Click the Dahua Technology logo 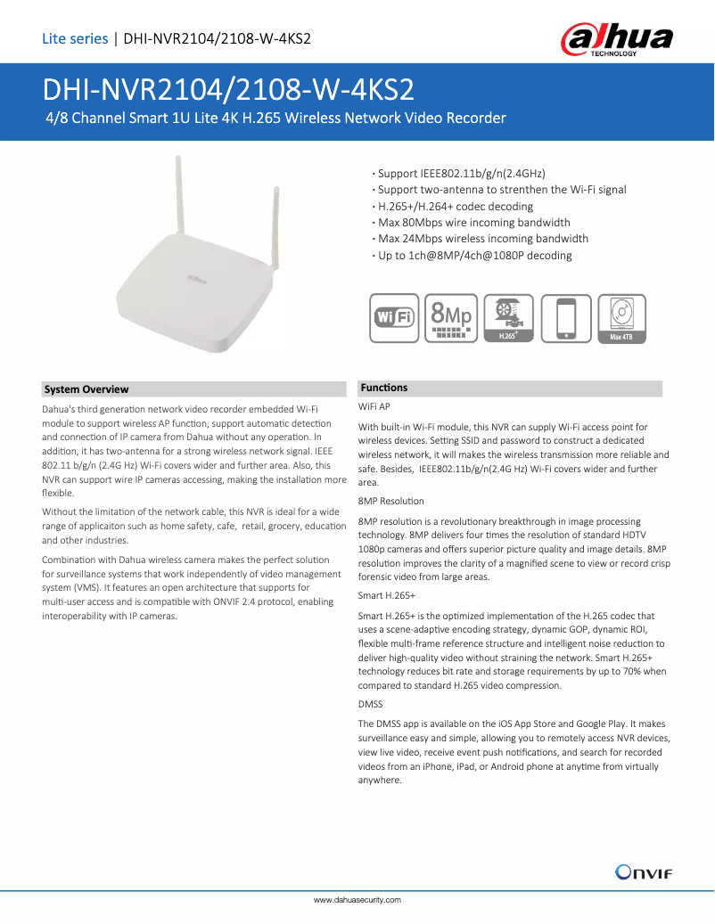click(x=616, y=40)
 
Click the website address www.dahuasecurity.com click(x=357, y=900)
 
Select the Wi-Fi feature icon click(x=394, y=318)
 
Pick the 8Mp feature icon click(x=451, y=318)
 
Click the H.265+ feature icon click(x=508, y=318)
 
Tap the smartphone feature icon click(x=565, y=318)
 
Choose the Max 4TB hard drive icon click(x=621, y=318)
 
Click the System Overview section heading click(x=86, y=389)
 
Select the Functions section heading click(x=383, y=388)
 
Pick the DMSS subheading click(x=370, y=705)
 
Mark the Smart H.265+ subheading click(x=386, y=594)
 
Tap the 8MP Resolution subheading click(x=390, y=501)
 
